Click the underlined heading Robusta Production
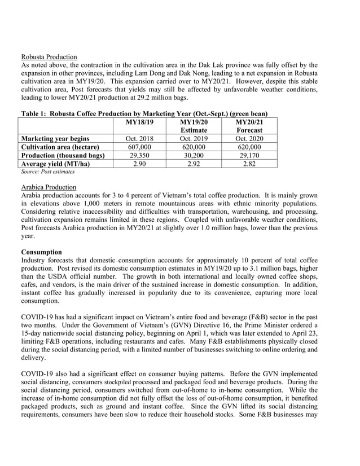tap(49, 56)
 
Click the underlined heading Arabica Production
tap(49, 187)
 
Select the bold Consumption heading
tap(42, 251)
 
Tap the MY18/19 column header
tap(139, 121)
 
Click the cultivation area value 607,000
tap(139, 147)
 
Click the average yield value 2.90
tap(139, 164)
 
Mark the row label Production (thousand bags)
tap(63, 155)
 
